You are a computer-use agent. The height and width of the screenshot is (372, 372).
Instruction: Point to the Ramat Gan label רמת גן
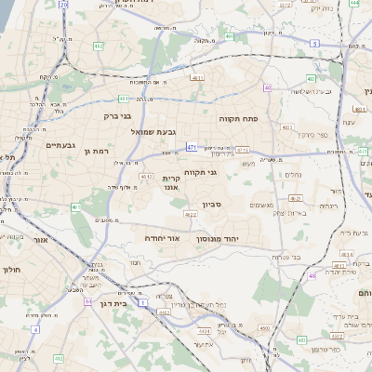click(x=96, y=151)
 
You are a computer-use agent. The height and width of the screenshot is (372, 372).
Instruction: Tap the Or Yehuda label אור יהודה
click(x=160, y=238)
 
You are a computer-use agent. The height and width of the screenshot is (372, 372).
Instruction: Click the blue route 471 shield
click(x=192, y=147)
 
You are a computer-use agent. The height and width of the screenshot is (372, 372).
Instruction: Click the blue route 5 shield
click(x=314, y=44)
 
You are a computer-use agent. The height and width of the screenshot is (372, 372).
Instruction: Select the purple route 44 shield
click(x=87, y=301)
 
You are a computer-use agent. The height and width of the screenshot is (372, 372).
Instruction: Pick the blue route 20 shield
click(x=62, y=5)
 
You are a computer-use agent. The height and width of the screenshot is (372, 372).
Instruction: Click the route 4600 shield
click(x=265, y=328)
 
